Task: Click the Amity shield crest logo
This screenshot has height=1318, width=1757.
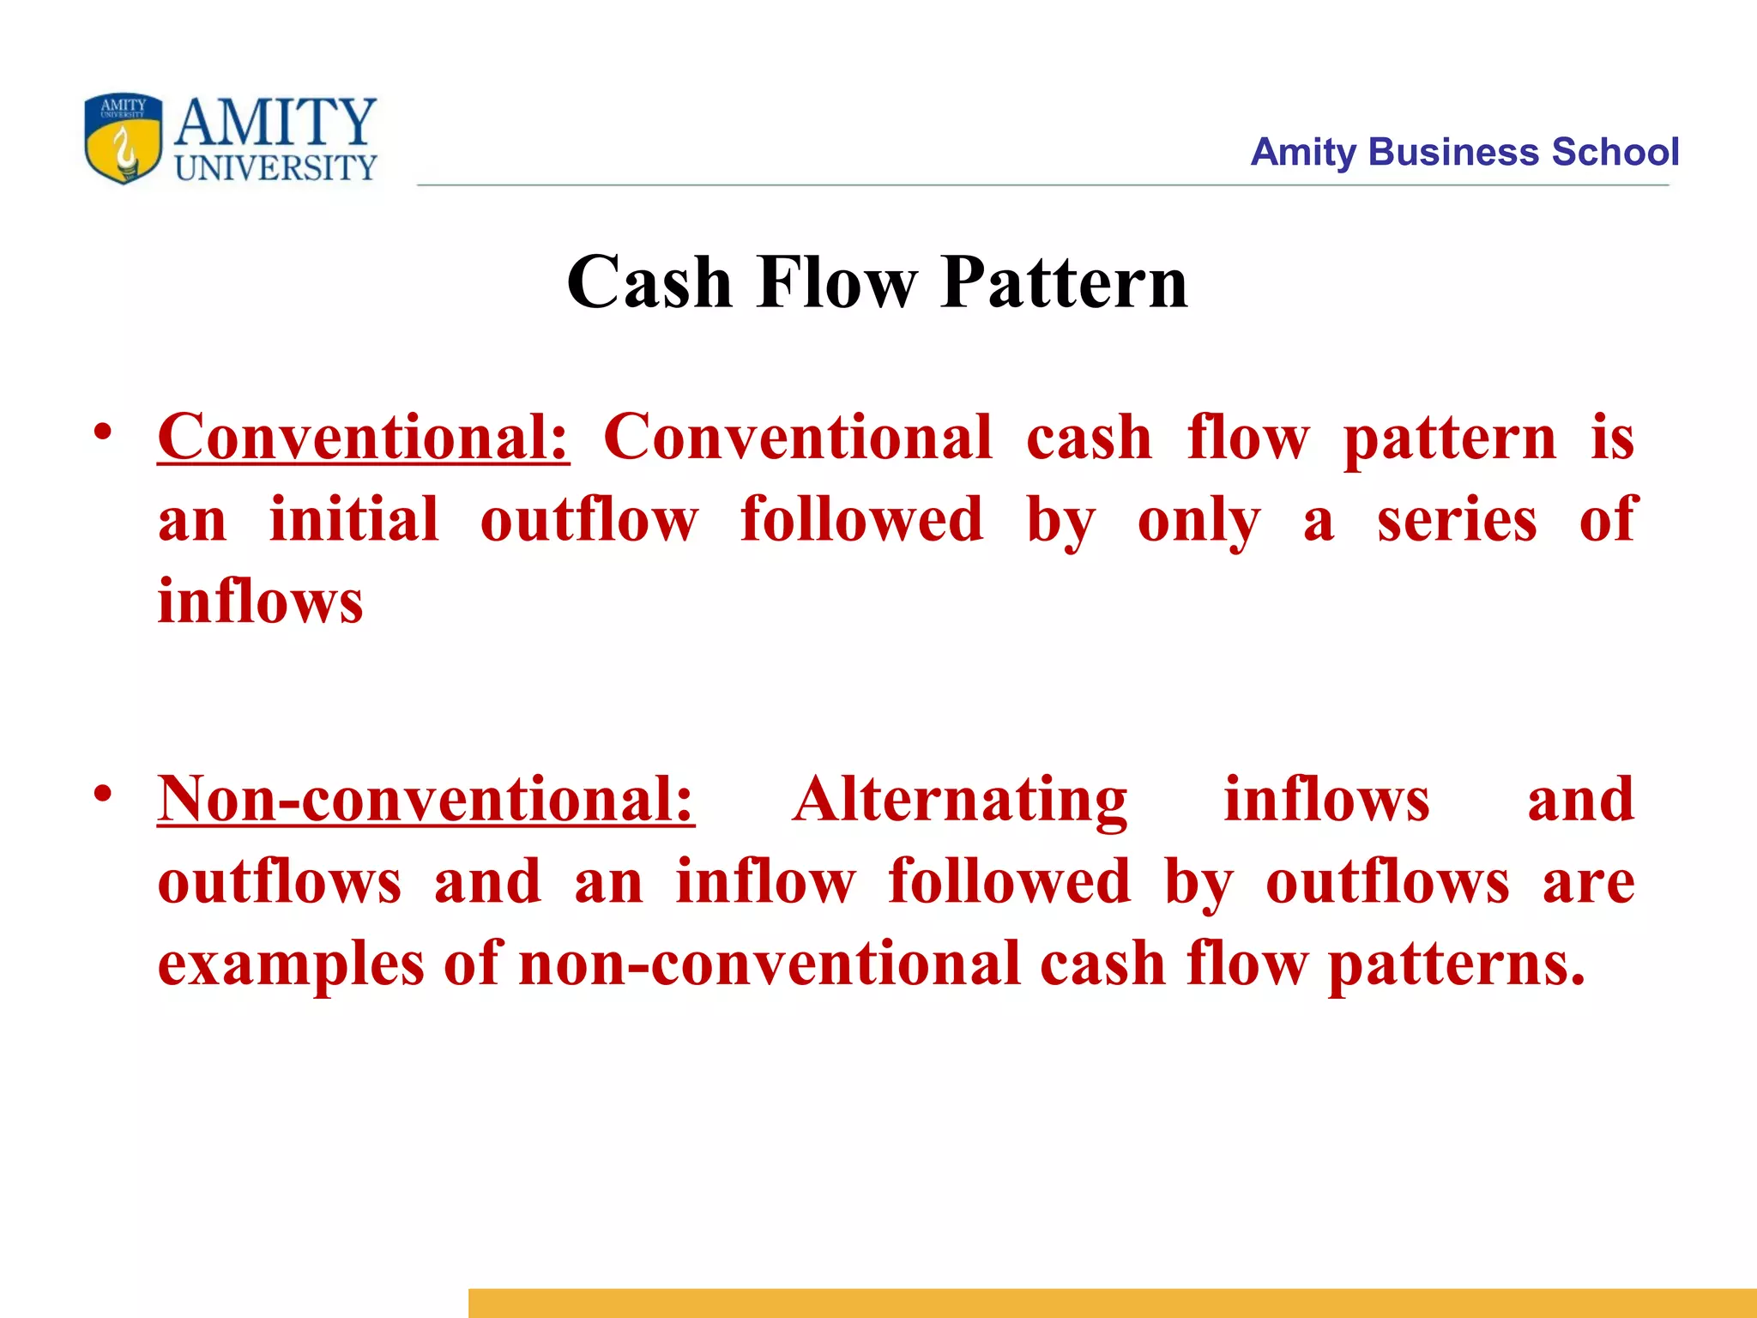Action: pyautogui.click(x=123, y=138)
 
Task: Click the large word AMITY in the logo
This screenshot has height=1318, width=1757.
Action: pyautogui.click(x=275, y=122)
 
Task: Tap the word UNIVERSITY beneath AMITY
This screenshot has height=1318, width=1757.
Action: pyautogui.click(x=275, y=168)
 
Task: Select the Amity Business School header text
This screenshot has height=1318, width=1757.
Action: pyautogui.click(x=1464, y=152)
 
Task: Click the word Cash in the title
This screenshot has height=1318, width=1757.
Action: pyautogui.click(x=649, y=282)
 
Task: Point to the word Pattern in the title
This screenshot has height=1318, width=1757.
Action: pyautogui.click(x=1064, y=282)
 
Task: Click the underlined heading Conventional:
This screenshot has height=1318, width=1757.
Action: pyautogui.click(x=363, y=438)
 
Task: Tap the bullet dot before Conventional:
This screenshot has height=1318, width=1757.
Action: pyautogui.click(x=103, y=432)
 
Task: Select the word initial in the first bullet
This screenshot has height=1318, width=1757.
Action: pyautogui.click(x=353, y=520)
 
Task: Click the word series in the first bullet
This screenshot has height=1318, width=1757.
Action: pyautogui.click(x=1457, y=520)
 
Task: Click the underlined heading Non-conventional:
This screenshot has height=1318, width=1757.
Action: pyautogui.click(x=426, y=800)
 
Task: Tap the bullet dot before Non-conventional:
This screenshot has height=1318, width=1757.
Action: pyautogui.click(x=103, y=794)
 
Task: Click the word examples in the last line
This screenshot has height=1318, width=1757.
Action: pyautogui.click(x=291, y=964)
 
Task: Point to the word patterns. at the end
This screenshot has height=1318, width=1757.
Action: pyautogui.click(x=1456, y=964)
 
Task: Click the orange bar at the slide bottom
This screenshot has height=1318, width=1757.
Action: pyautogui.click(x=1112, y=1303)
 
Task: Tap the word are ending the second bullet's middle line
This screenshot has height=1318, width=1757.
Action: pyautogui.click(x=1588, y=882)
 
